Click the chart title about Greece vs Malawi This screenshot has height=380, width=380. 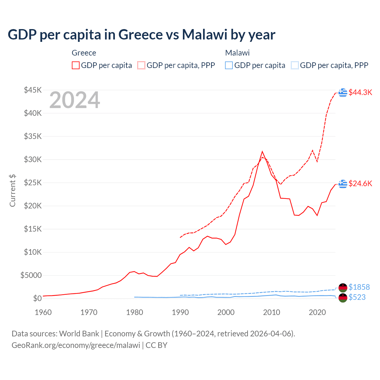[141, 34]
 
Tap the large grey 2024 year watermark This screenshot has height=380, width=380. [75, 100]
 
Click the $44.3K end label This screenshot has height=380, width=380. [360, 92]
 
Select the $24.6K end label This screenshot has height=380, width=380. [360, 183]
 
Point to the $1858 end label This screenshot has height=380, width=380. [359, 287]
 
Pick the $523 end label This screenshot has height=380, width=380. [357, 297]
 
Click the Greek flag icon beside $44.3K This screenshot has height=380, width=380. [343, 92]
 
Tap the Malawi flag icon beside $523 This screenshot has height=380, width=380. [343, 298]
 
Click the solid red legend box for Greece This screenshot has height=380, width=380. [76, 65]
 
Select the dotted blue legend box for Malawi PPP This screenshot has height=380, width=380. [295, 65]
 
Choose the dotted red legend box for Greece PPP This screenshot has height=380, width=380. [141, 65]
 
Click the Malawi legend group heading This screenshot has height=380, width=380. [237, 53]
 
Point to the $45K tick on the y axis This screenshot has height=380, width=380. [33, 90]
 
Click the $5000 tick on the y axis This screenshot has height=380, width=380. [31, 275]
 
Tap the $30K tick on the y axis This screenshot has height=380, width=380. [33, 159]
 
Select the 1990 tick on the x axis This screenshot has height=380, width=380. [180, 312]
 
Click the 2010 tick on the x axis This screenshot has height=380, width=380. [272, 312]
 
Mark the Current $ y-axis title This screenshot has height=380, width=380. [12, 191]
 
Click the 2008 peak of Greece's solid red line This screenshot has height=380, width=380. [262, 152]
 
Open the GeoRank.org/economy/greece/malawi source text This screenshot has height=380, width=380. [76, 345]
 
